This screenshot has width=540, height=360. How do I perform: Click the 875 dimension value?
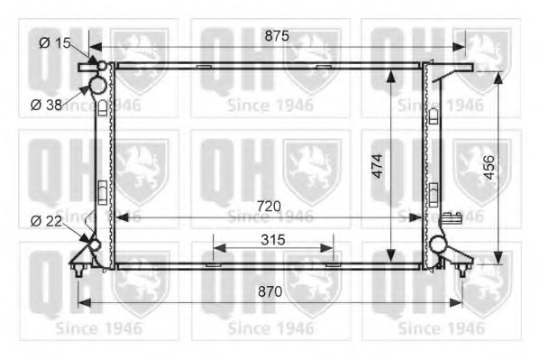click(x=277, y=36)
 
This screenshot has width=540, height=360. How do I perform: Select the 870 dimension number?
click(x=270, y=291)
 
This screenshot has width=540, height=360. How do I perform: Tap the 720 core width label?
click(x=269, y=207)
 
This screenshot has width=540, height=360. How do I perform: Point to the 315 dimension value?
click(x=273, y=240)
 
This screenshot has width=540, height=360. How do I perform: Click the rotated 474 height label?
click(x=378, y=166)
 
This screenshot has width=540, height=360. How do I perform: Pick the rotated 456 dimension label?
click(x=489, y=168)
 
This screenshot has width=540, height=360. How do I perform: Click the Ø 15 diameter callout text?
click(x=55, y=43)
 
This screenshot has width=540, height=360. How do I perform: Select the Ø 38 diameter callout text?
click(x=46, y=105)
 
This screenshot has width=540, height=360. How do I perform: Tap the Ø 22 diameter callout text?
click(x=46, y=221)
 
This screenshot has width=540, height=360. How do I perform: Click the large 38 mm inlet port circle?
click(x=97, y=85)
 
